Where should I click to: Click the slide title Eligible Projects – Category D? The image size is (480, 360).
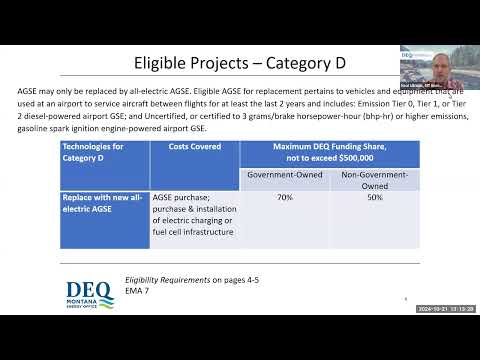pyautogui.click(x=240, y=62)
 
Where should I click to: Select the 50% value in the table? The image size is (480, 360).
pyautogui.click(x=375, y=198)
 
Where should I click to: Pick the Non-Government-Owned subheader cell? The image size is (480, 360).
pyautogui.click(x=375, y=179)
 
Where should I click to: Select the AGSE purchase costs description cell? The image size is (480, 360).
pyautogui.click(x=194, y=215)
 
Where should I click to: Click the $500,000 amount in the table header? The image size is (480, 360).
pyautogui.click(x=355, y=157)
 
